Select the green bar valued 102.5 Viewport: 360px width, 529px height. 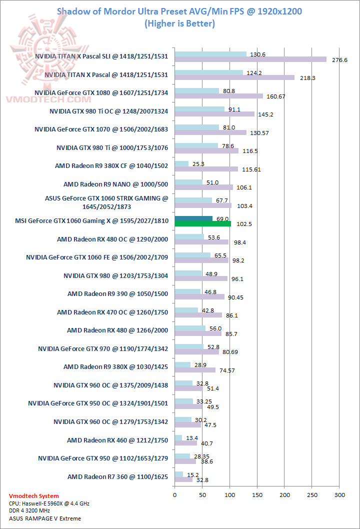(202, 224)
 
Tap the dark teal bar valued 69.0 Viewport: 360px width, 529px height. (193, 218)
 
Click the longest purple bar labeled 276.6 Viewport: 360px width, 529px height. (250, 59)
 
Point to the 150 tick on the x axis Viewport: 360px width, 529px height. (257, 494)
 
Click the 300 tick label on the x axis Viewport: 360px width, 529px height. (339, 494)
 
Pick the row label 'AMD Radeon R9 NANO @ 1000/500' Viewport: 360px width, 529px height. (115, 184)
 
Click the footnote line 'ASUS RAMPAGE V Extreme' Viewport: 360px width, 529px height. (44, 518)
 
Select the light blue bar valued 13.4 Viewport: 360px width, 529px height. (178, 438)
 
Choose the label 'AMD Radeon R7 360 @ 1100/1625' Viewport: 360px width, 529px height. (117, 476)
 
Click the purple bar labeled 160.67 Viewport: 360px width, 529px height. (218, 96)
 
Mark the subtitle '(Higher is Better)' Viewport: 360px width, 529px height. (179, 23)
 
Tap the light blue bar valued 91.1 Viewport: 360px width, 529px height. (199, 109)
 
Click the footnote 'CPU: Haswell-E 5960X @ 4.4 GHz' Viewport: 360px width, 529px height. (49, 503)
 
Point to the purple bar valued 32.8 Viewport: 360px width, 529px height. (183, 479)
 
